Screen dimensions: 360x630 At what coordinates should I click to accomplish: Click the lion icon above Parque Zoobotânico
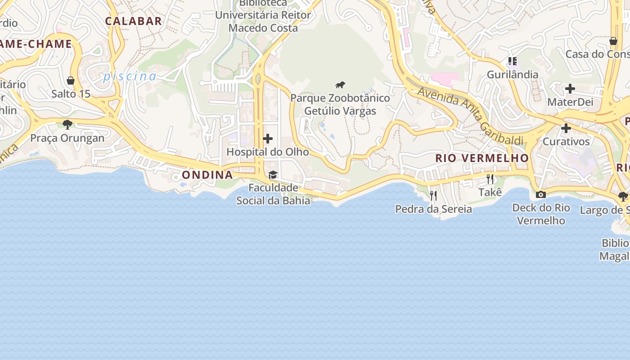pyautogui.click(x=340, y=85)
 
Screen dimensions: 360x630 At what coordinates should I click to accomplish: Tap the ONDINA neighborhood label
pyautogui.click(x=207, y=175)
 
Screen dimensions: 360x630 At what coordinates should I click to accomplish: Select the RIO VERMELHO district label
pyautogui.click(x=482, y=158)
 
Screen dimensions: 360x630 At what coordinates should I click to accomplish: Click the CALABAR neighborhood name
pyautogui.click(x=133, y=21)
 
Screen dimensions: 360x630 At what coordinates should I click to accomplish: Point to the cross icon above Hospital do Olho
pyautogui.click(x=268, y=139)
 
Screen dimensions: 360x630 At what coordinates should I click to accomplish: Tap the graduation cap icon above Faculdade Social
pyautogui.click(x=273, y=175)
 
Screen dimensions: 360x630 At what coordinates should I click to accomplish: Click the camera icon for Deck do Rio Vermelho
pyautogui.click(x=541, y=194)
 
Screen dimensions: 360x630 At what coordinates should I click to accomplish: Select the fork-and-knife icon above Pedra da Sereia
pyautogui.click(x=433, y=195)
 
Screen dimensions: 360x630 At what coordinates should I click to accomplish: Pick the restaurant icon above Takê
pyautogui.click(x=490, y=179)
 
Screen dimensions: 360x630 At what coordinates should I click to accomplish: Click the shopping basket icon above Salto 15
pyautogui.click(x=71, y=81)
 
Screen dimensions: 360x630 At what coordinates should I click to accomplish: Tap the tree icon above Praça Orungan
pyautogui.click(x=67, y=124)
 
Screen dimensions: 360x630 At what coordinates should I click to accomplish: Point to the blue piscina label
pyautogui.click(x=130, y=76)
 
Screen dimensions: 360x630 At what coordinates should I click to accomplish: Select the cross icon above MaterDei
pyautogui.click(x=570, y=89)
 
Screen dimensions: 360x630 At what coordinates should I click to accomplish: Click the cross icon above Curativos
pyautogui.click(x=566, y=128)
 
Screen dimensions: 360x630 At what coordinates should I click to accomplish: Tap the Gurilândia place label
pyautogui.click(x=513, y=75)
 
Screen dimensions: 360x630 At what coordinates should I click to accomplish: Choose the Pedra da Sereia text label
pyautogui.click(x=433, y=209)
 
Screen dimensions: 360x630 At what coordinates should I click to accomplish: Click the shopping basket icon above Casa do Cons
pyautogui.click(x=613, y=41)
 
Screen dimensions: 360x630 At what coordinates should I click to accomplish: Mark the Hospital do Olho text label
pyautogui.click(x=268, y=152)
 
